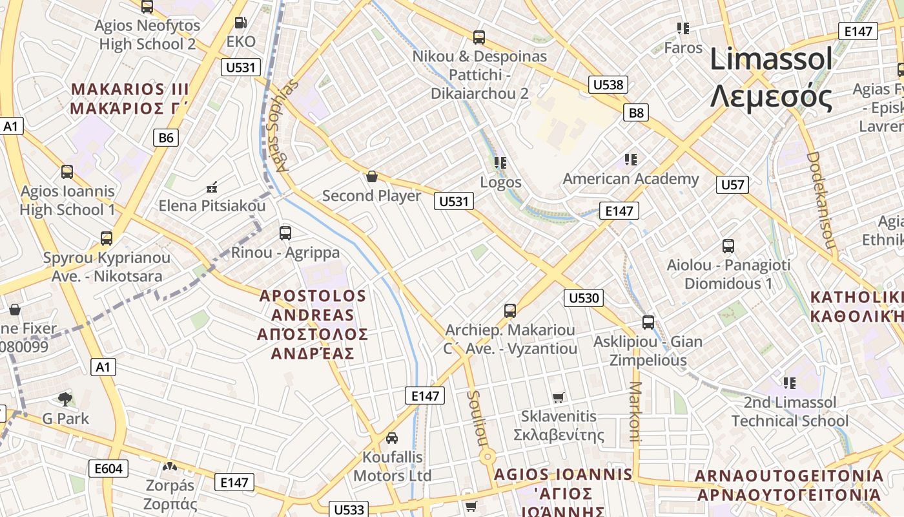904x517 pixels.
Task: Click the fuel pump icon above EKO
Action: [241, 23]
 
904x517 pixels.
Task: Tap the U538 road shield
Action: [608, 84]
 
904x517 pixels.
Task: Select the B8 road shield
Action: [636, 113]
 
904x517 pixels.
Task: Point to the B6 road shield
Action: [166, 137]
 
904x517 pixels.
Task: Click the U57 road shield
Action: [732, 185]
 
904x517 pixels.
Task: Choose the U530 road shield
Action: [583, 298]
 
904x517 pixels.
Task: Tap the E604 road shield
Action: [108, 469]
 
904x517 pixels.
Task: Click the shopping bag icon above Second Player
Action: [372, 176]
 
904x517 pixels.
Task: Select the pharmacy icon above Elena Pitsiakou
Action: [211, 188]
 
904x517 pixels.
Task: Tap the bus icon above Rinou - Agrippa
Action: [285, 233]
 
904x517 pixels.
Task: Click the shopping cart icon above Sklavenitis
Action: [559, 397]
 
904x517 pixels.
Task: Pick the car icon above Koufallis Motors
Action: [392, 438]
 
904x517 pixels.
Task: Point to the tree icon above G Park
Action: [65, 399]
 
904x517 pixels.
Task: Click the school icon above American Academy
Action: [631, 160]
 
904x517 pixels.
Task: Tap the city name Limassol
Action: [771, 60]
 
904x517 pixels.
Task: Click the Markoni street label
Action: [635, 411]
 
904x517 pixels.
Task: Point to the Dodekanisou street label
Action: [821, 200]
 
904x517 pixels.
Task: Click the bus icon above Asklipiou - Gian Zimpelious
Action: [648, 322]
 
